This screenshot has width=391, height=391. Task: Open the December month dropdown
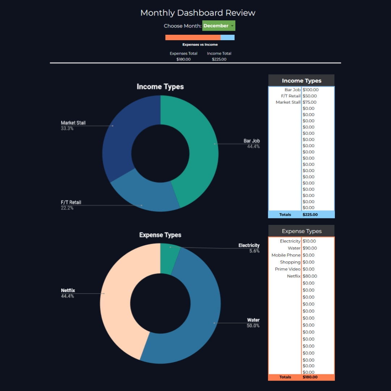coord(219,26)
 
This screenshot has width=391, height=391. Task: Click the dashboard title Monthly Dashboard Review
coord(198,13)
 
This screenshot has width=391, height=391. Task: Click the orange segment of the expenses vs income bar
coord(193,38)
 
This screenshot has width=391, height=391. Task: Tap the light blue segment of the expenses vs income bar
coord(227,38)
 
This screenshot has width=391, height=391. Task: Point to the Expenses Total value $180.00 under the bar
coord(184,59)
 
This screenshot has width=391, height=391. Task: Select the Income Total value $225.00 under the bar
coord(219,59)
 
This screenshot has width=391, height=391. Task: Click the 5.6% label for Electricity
coord(254,251)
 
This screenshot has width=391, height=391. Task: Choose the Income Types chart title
coord(160,87)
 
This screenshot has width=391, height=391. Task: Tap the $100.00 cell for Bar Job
coord(311,90)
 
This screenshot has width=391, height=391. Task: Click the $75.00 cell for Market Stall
coord(310,102)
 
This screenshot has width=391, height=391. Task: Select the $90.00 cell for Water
coord(310,248)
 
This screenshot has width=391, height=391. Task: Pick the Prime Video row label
coord(287,269)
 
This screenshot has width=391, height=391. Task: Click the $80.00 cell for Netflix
coord(310,276)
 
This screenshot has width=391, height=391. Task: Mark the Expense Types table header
coord(301,231)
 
